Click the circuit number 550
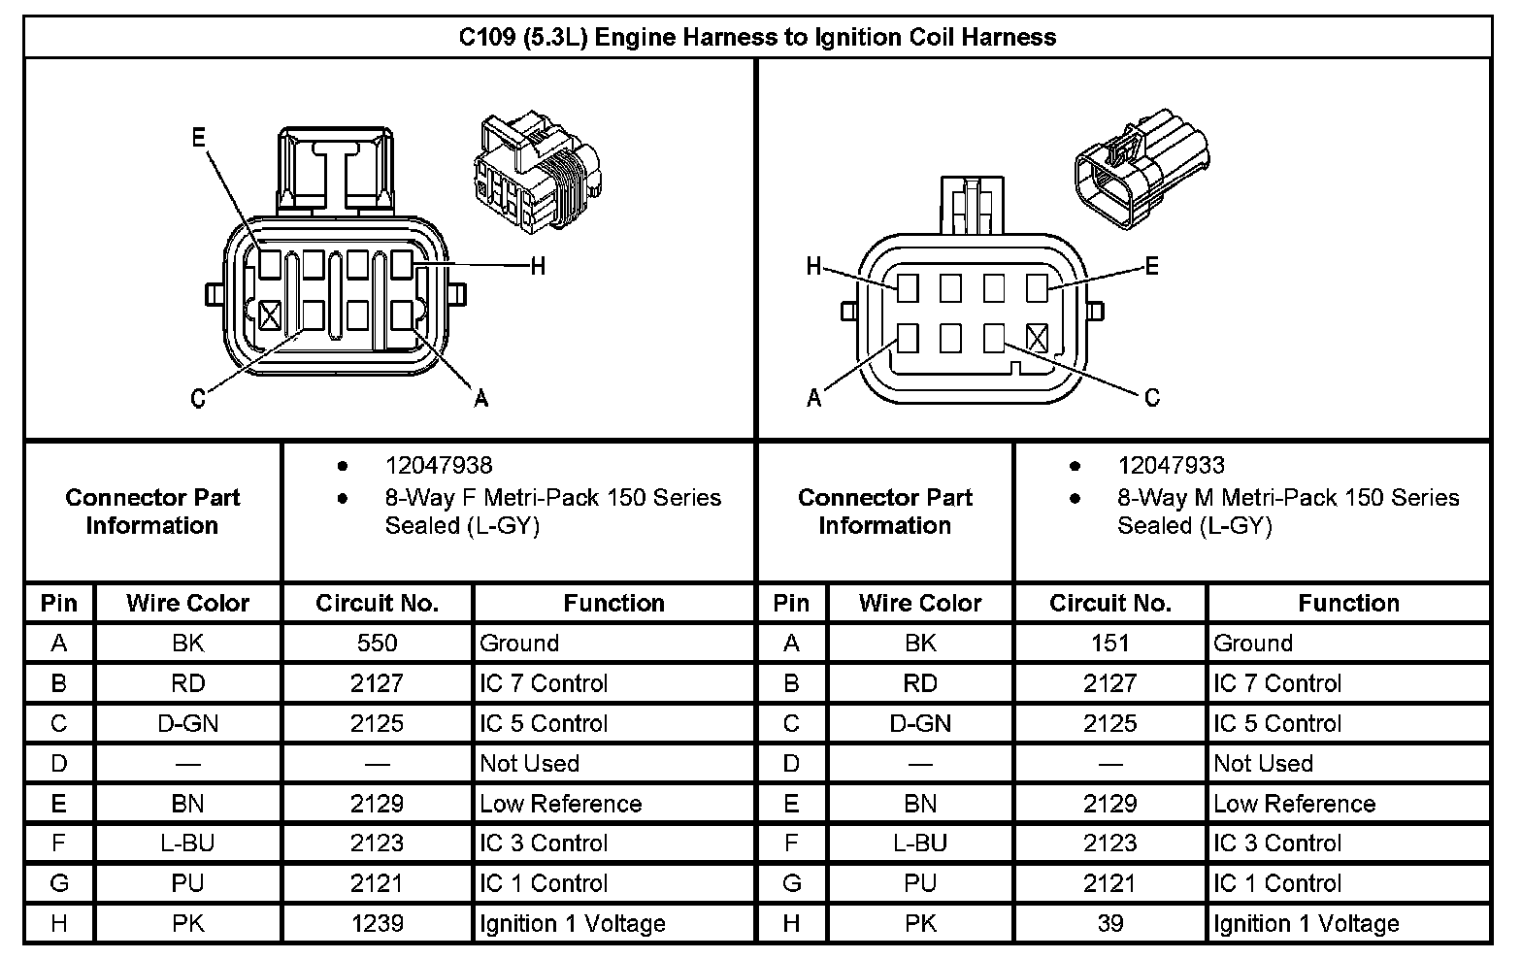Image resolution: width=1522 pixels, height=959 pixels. (x=377, y=643)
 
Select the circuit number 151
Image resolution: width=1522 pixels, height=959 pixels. (x=1109, y=643)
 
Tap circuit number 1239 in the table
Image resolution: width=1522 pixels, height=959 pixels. (x=377, y=923)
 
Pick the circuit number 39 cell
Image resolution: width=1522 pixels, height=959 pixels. (x=1109, y=923)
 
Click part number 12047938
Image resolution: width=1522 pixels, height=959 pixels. (x=439, y=466)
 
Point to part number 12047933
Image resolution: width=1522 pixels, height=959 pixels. (x=1171, y=466)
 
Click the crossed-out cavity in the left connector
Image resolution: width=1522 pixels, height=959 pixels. (x=269, y=314)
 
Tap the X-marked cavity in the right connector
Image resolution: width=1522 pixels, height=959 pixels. (x=1037, y=338)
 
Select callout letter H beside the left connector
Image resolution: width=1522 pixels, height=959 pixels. (x=537, y=266)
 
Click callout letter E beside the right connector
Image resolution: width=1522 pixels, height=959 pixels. (x=1152, y=266)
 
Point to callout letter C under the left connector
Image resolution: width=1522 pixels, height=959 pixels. (x=198, y=399)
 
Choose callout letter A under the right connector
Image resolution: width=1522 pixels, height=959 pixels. (x=814, y=398)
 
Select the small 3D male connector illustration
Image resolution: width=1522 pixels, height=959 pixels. (x=1141, y=170)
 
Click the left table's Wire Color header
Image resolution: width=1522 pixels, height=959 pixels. (x=187, y=603)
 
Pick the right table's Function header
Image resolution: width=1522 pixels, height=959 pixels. (x=1348, y=603)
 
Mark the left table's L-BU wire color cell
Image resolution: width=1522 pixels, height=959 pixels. (x=187, y=843)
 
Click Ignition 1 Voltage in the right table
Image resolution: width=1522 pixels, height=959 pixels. (x=1306, y=923)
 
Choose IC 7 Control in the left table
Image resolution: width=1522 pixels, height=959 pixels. (x=544, y=683)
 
